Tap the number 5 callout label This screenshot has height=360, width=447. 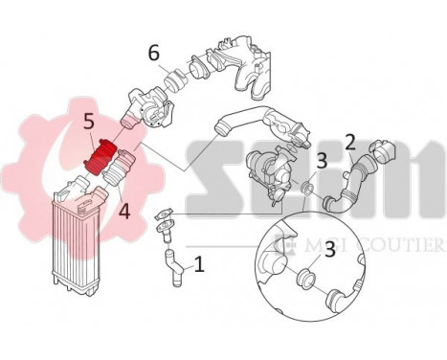[x=87, y=123]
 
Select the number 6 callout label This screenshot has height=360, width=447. [x=154, y=53]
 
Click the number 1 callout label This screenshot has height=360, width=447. [x=198, y=261]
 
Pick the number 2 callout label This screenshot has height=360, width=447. [x=350, y=144]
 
